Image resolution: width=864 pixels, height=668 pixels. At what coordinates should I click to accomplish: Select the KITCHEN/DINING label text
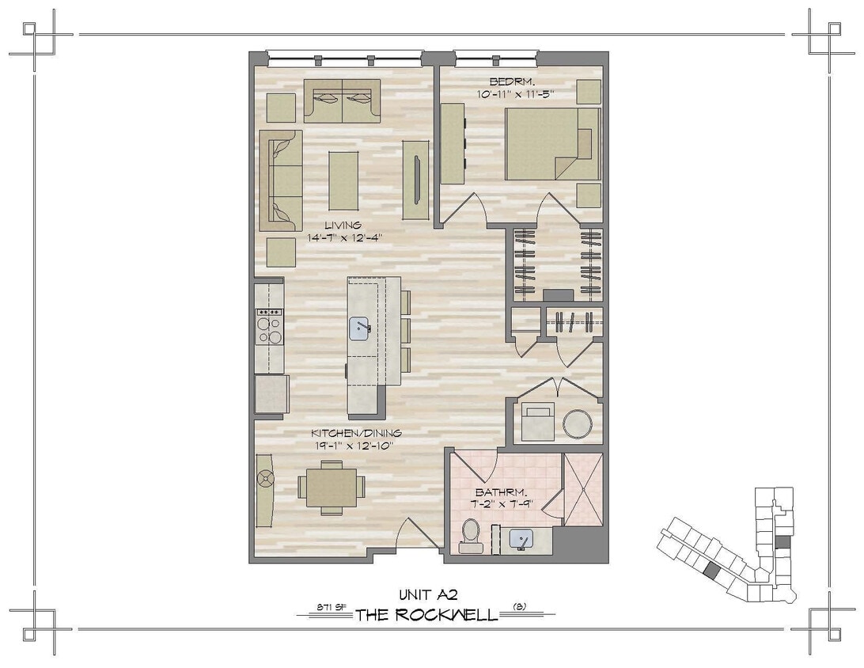[355, 433]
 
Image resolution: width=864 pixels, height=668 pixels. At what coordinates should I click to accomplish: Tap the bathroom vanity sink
[521, 540]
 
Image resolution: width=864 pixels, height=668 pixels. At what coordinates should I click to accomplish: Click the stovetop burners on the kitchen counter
[269, 326]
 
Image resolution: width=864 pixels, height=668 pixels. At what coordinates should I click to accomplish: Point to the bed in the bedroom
[552, 143]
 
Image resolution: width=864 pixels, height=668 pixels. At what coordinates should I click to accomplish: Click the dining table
[332, 488]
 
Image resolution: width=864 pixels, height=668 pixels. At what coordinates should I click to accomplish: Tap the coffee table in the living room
[343, 180]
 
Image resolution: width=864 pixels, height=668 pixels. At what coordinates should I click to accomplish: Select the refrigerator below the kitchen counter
[271, 393]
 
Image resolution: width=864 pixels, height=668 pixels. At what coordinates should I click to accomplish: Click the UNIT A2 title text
[430, 594]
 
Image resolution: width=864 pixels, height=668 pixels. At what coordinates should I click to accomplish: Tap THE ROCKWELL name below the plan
[426, 615]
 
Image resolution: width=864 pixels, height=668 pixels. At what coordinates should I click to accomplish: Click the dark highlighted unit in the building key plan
[711, 569]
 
